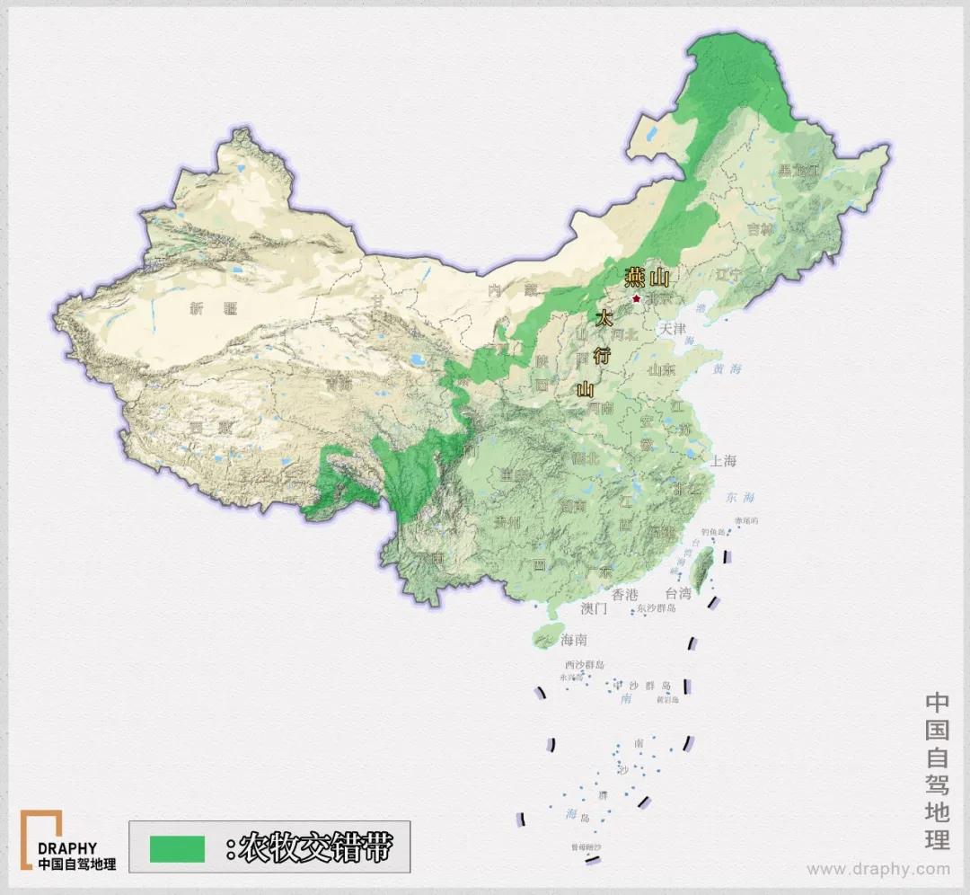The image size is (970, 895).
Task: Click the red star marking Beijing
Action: (636, 298)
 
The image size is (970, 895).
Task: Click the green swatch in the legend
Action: (178, 847)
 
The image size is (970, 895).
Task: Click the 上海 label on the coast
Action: (722, 461)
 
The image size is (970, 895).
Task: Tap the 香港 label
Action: (625, 594)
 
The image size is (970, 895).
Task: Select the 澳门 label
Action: (595, 608)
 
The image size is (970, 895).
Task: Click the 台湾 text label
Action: (678, 594)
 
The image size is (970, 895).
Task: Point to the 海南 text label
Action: (574, 641)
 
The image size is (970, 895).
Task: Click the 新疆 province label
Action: (213, 308)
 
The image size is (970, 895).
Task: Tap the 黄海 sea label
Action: (728, 368)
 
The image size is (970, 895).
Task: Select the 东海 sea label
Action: (741, 497)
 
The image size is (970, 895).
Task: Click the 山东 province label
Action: (661, 368)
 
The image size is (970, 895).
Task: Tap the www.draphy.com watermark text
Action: (877, 869)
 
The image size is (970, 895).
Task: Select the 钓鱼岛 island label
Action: (711, 532)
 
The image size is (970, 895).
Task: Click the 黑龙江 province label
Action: (798, 170)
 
